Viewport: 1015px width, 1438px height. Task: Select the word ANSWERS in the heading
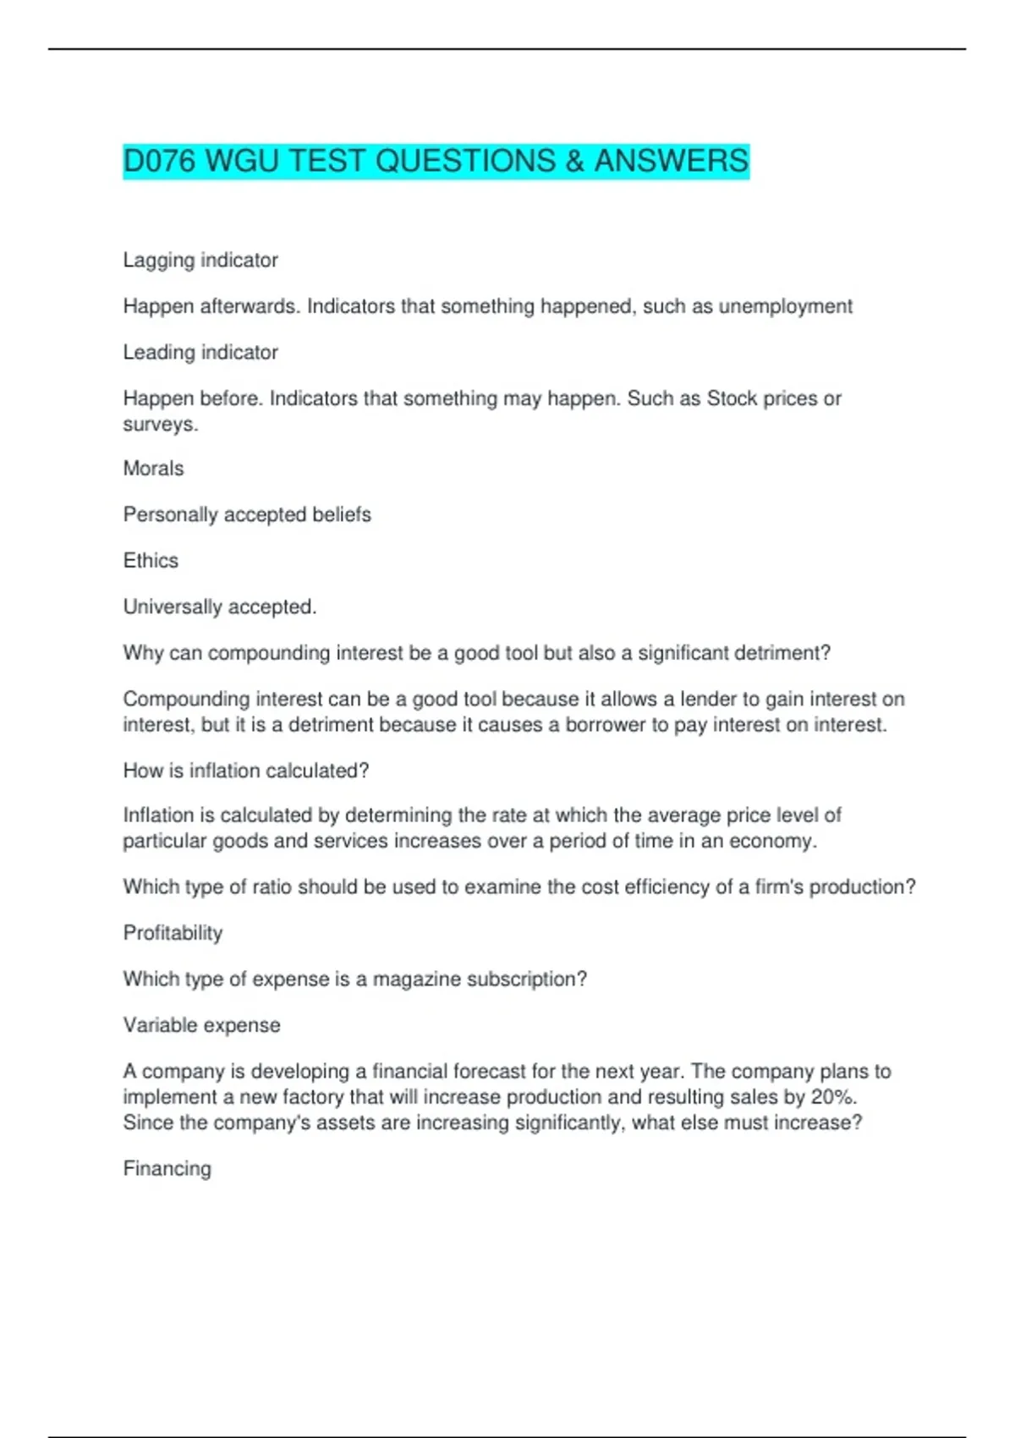pyautogui.click(x=671, y=161)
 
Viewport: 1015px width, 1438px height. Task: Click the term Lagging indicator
pyautogui.click(x=200, y=261)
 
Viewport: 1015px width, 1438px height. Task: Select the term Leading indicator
pyautogui.click(x=200, y=353)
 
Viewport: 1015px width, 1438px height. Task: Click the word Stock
pyautogui.click(x=732, y=398)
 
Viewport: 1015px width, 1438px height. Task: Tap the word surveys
pyautogui.click(x=160, y=425)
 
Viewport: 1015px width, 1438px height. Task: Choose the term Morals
pyautogui.click(x=153, y=469)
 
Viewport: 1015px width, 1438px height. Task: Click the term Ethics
pyautogui.click(x=151, y=561)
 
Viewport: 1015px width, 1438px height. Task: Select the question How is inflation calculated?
pyautogui.click(x=246, y=771)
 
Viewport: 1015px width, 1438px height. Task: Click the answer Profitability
pyautogui.click(x=173, y=933)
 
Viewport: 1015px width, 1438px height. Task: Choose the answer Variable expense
pyautogui.click(x=201, y=1025)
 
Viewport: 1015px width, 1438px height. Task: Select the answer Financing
pyautogui.click(x=167, y=1169)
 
